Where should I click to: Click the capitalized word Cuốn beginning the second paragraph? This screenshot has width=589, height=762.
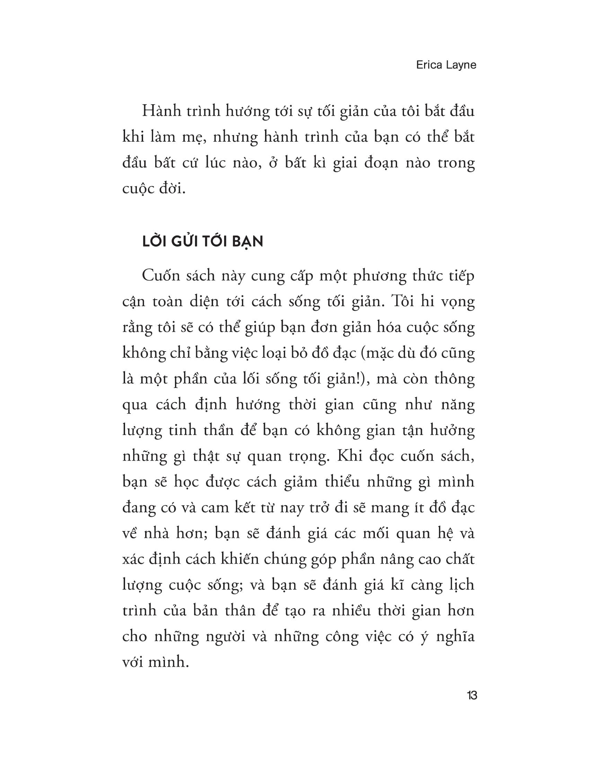tap(161, 276)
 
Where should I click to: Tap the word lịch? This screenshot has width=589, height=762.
tap(460, 585)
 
